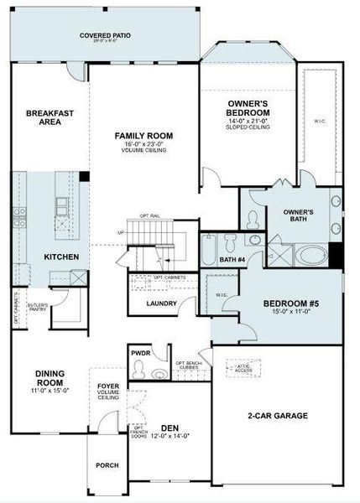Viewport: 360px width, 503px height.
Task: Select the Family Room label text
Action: [x=143, y=135]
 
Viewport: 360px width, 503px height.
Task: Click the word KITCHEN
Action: [x=61, y=257]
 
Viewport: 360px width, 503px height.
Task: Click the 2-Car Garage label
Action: [x=279, y=415]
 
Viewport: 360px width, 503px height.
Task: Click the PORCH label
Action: [x=107, y=465]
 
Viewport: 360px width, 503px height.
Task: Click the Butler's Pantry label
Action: [x=38, y=307]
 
